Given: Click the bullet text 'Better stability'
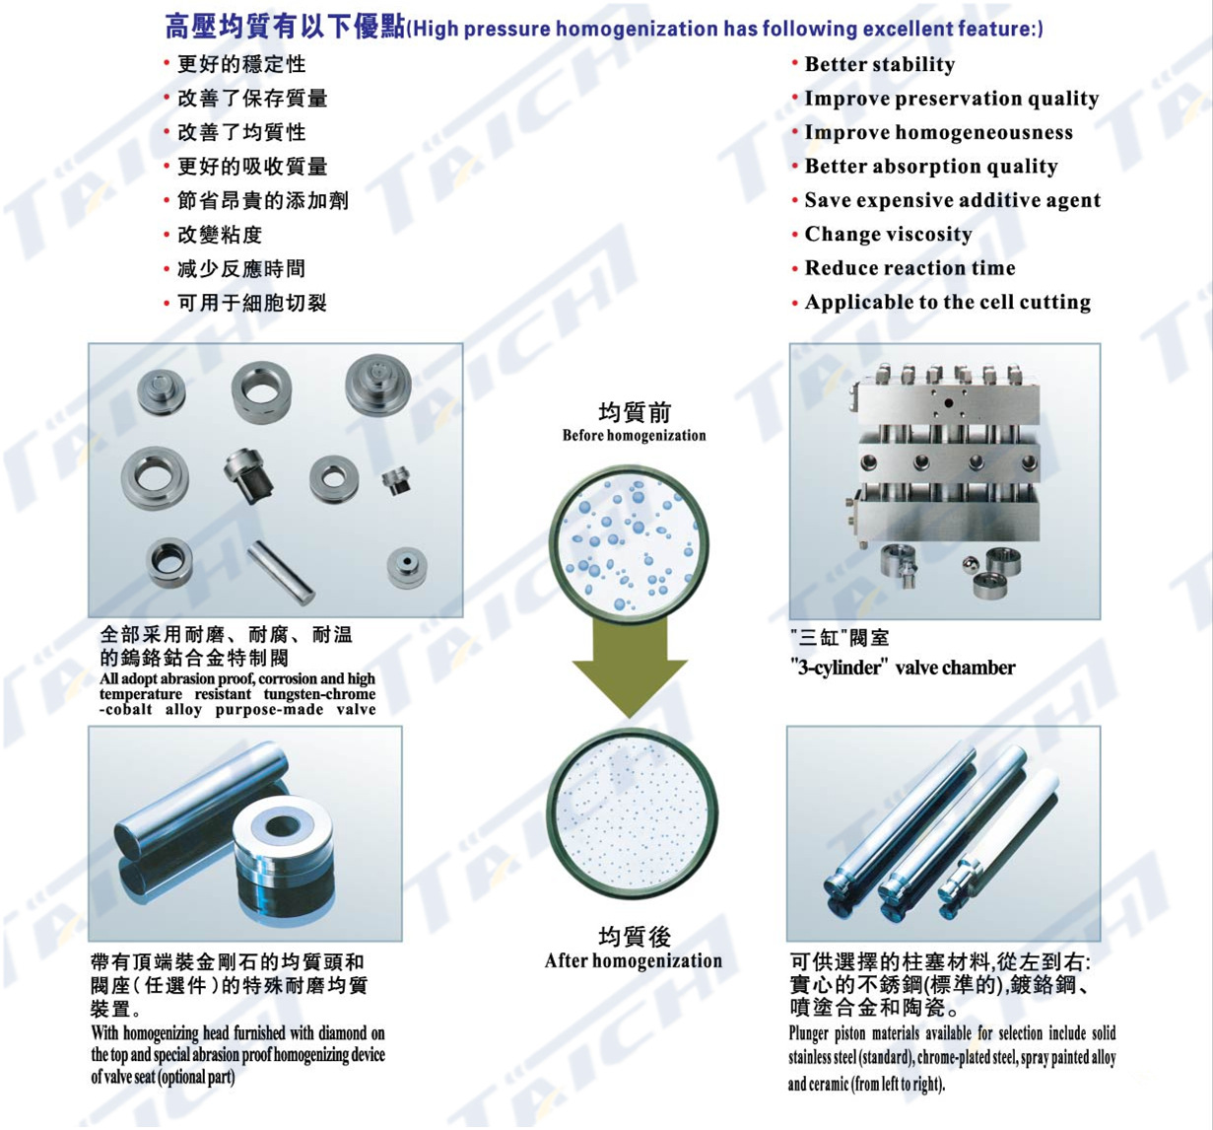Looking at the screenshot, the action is click(880, 64).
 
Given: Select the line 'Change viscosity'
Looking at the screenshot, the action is click(888, 235).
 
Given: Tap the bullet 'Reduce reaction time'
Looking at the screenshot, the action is click(910, 268).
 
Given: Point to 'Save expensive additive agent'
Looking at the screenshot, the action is click(953, 200).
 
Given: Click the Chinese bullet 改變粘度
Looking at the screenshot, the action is click(220, 235).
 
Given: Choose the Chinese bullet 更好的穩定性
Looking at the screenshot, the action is click(241, 64).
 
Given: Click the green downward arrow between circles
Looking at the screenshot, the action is click(630, 667).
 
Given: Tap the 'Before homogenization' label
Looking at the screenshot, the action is click(634, 436).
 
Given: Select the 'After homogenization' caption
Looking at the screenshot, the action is click(634, 960).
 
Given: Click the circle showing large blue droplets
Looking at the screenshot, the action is click(629, 541).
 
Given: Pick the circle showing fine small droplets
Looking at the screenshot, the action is click(633, 813).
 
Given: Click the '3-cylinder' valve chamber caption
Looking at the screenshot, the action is click(903, 668).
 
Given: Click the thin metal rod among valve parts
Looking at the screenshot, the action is click(281, 572).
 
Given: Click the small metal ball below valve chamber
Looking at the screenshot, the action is click(969, 564).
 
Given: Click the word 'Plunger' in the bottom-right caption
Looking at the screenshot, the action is click(809, 1033).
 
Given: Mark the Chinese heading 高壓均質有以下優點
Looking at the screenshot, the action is click(285, 28).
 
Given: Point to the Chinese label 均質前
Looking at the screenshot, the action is click(635, 412).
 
